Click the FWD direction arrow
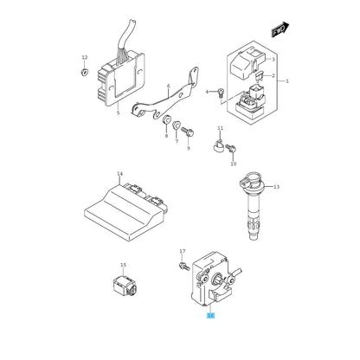[280, 29]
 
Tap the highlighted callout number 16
[211, 316]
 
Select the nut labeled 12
[84, 72]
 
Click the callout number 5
[118, 113]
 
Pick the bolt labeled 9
[188, 132]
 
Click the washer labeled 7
[177, 125]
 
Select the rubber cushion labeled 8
[166, 119]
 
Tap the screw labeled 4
[221, 93]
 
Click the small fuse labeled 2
[259, 76]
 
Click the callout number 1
[287, 81]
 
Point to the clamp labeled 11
[219, 146]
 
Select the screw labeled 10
[231, 149]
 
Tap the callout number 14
[120, 174]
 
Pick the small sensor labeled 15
[124, 285]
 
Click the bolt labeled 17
[183, 266]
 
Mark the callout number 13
[276, 187]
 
